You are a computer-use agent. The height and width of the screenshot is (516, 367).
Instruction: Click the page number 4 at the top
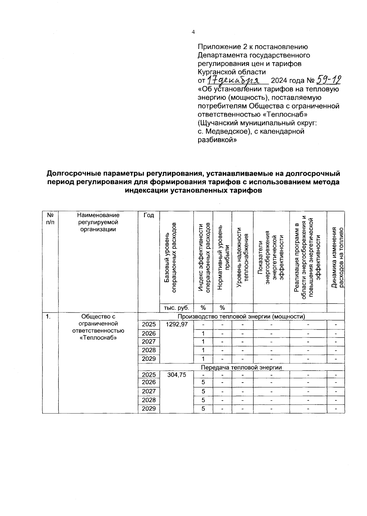pos(193,32)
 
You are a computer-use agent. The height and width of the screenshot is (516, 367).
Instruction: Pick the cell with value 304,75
pos(176,375)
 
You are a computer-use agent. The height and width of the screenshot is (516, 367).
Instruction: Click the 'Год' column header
pos(149,215)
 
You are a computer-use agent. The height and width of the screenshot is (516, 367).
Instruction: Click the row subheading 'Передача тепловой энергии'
pos(241,367)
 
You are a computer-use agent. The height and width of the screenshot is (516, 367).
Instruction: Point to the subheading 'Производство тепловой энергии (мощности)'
pos(241,316)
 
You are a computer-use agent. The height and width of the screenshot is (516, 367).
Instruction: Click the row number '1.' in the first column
pos(48,317)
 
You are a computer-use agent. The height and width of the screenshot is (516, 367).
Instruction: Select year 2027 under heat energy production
pos(149,342)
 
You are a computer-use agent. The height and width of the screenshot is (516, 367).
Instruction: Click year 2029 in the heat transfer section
pos(149,409)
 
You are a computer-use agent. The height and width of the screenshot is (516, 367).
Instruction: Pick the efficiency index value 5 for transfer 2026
pos(203,382)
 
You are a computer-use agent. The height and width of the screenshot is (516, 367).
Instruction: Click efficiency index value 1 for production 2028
pos(203,350)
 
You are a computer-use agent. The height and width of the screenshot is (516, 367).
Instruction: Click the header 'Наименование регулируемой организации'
pos(98,222)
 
